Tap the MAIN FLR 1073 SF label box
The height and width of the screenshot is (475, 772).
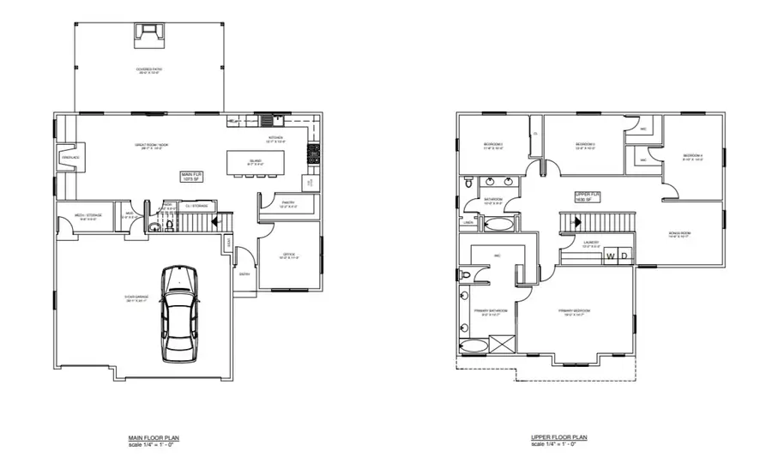pyautogui.click(x=190, y=177)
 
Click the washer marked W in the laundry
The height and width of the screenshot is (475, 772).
pyautogui.click(x=611, y=256)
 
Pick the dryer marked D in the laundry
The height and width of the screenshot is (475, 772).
pyautogui.click(x=624, y=256)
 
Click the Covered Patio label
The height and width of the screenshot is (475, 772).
pyautogui.click(x=151, y=70)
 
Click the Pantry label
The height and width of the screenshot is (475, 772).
pyautogui.click(x=288, y=204)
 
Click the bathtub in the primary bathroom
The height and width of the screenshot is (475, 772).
pyautogui.click(x=473, y=346)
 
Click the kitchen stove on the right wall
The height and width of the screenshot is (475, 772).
pyautogui.click(x=314, y=155)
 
